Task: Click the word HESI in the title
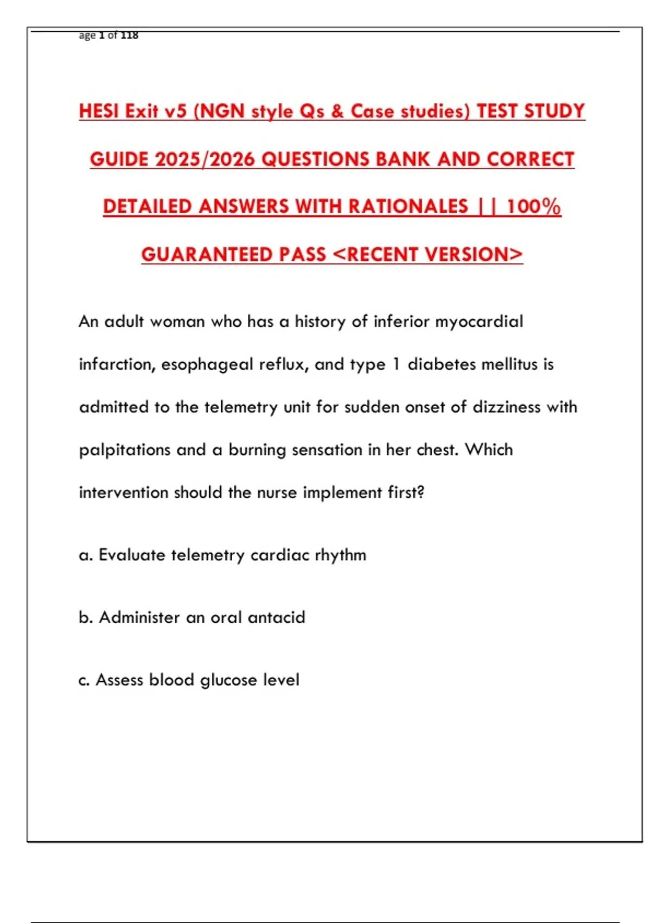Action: [x=100, y=111]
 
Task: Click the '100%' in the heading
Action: [x=533, y=206]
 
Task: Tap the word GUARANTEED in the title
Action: [x=206, y=254]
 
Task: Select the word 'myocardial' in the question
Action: [x=479, y=321]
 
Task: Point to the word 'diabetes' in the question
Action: [x=441, y=364]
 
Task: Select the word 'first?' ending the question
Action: [x=406, y=492]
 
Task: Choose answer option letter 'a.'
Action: [x=86, y=555]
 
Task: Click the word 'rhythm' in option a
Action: [x=340, y=555]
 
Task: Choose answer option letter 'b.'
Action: [x=86, y=617]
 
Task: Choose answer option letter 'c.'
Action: [x=84, y=680]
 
